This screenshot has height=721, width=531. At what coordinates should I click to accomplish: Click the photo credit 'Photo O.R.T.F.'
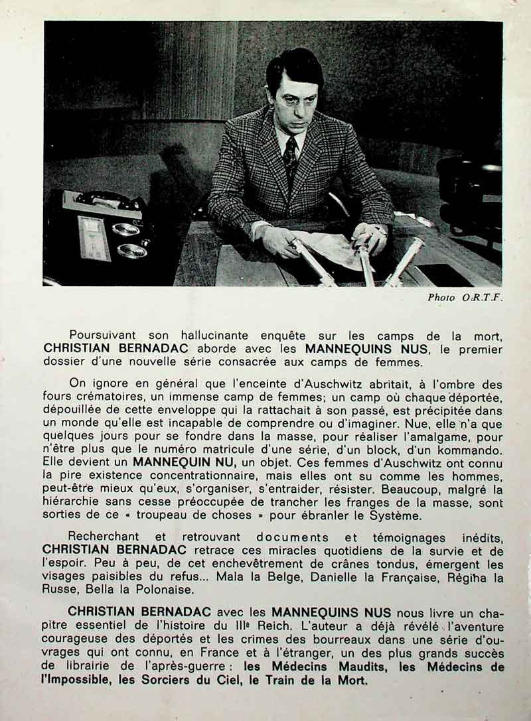(x=465, y=298)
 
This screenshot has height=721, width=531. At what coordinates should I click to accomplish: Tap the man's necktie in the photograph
(x=290, y=160)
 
